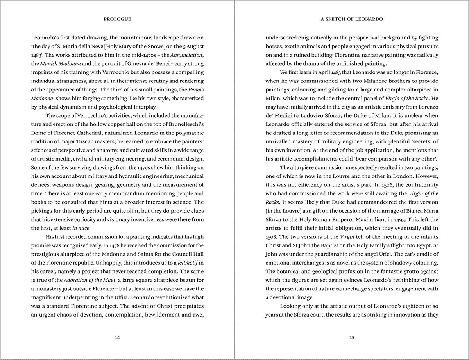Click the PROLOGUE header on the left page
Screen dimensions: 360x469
click(117, 19)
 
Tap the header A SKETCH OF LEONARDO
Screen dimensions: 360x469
click(352, 19)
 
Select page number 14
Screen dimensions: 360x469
click(117, 337)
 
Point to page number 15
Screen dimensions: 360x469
click(352, 337)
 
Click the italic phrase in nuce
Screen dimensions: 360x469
click(81, 228)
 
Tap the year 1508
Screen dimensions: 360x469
click(272, 236)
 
